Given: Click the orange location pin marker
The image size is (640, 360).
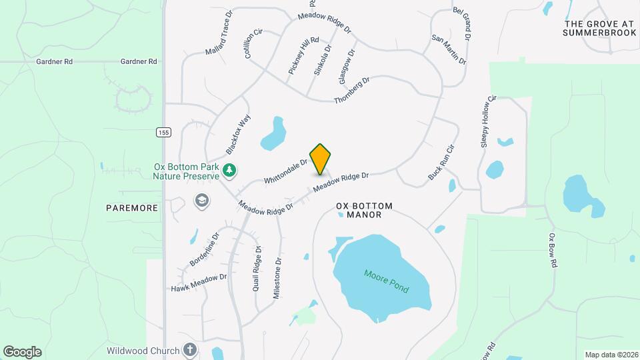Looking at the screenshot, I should (321, 159).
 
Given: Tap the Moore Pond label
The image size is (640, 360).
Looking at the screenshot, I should (386, 281).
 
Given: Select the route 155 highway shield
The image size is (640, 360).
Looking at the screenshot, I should (163, 132).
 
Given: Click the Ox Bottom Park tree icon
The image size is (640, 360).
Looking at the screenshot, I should (229, 171).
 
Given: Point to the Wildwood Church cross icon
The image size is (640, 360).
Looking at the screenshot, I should (190, 350).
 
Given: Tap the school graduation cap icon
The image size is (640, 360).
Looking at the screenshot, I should (201, 200).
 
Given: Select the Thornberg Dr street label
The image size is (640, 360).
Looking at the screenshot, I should (351, 89).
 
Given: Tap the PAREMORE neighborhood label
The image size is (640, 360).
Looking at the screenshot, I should (132, 208).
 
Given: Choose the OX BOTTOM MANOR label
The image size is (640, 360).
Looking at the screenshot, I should (365, 211).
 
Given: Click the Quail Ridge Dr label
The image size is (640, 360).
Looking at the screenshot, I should (257, 268).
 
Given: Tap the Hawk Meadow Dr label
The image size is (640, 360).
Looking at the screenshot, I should (199, 282).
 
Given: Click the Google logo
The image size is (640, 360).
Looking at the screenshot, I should (22, 352).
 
